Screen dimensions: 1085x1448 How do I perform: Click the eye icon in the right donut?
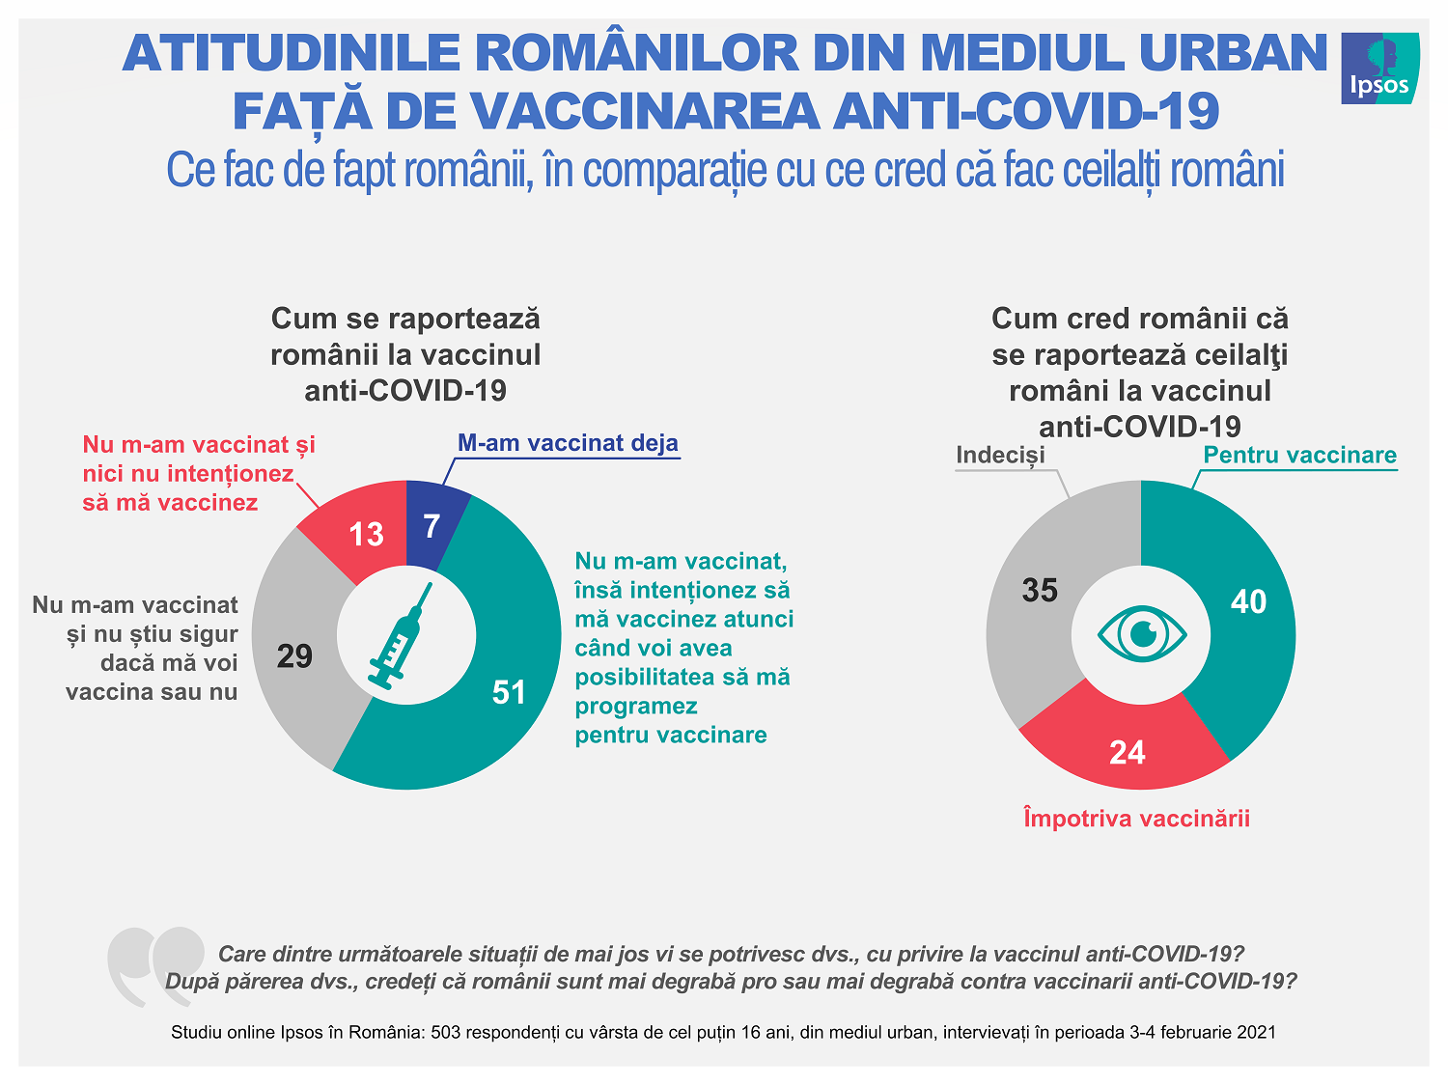1142,634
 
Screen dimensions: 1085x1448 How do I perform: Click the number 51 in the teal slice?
509,692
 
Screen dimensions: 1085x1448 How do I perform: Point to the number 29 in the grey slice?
294,656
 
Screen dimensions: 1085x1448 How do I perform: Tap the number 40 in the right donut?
1248,601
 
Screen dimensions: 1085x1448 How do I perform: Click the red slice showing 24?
1127,751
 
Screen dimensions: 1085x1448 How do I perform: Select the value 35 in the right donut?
1040,590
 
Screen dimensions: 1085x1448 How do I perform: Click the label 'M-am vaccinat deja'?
568,443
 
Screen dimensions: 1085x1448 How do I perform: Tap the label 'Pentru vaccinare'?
1299,455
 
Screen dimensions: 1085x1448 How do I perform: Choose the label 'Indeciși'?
1000,455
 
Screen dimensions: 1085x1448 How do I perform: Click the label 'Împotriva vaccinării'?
1136,819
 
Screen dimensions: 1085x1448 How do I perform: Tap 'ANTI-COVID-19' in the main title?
1026,111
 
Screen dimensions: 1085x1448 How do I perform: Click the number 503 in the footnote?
445,1032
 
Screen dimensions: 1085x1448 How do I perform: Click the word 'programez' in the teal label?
636,706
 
